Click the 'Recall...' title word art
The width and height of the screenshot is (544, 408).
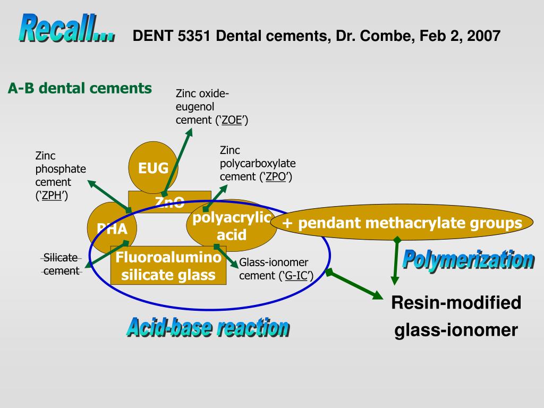67,29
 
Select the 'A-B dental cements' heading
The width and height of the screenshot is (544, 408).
80,88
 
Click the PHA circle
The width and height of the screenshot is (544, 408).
112,229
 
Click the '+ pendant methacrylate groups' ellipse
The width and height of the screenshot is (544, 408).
402,224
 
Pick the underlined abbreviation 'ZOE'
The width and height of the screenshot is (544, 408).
232,120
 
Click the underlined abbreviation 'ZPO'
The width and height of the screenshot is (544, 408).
276,177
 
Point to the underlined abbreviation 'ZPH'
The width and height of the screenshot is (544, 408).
51,195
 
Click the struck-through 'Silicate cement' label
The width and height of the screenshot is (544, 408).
61,264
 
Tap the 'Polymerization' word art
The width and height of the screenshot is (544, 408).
467,260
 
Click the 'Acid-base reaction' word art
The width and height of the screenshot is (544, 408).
208,327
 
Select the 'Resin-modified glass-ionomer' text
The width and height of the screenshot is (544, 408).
456,317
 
